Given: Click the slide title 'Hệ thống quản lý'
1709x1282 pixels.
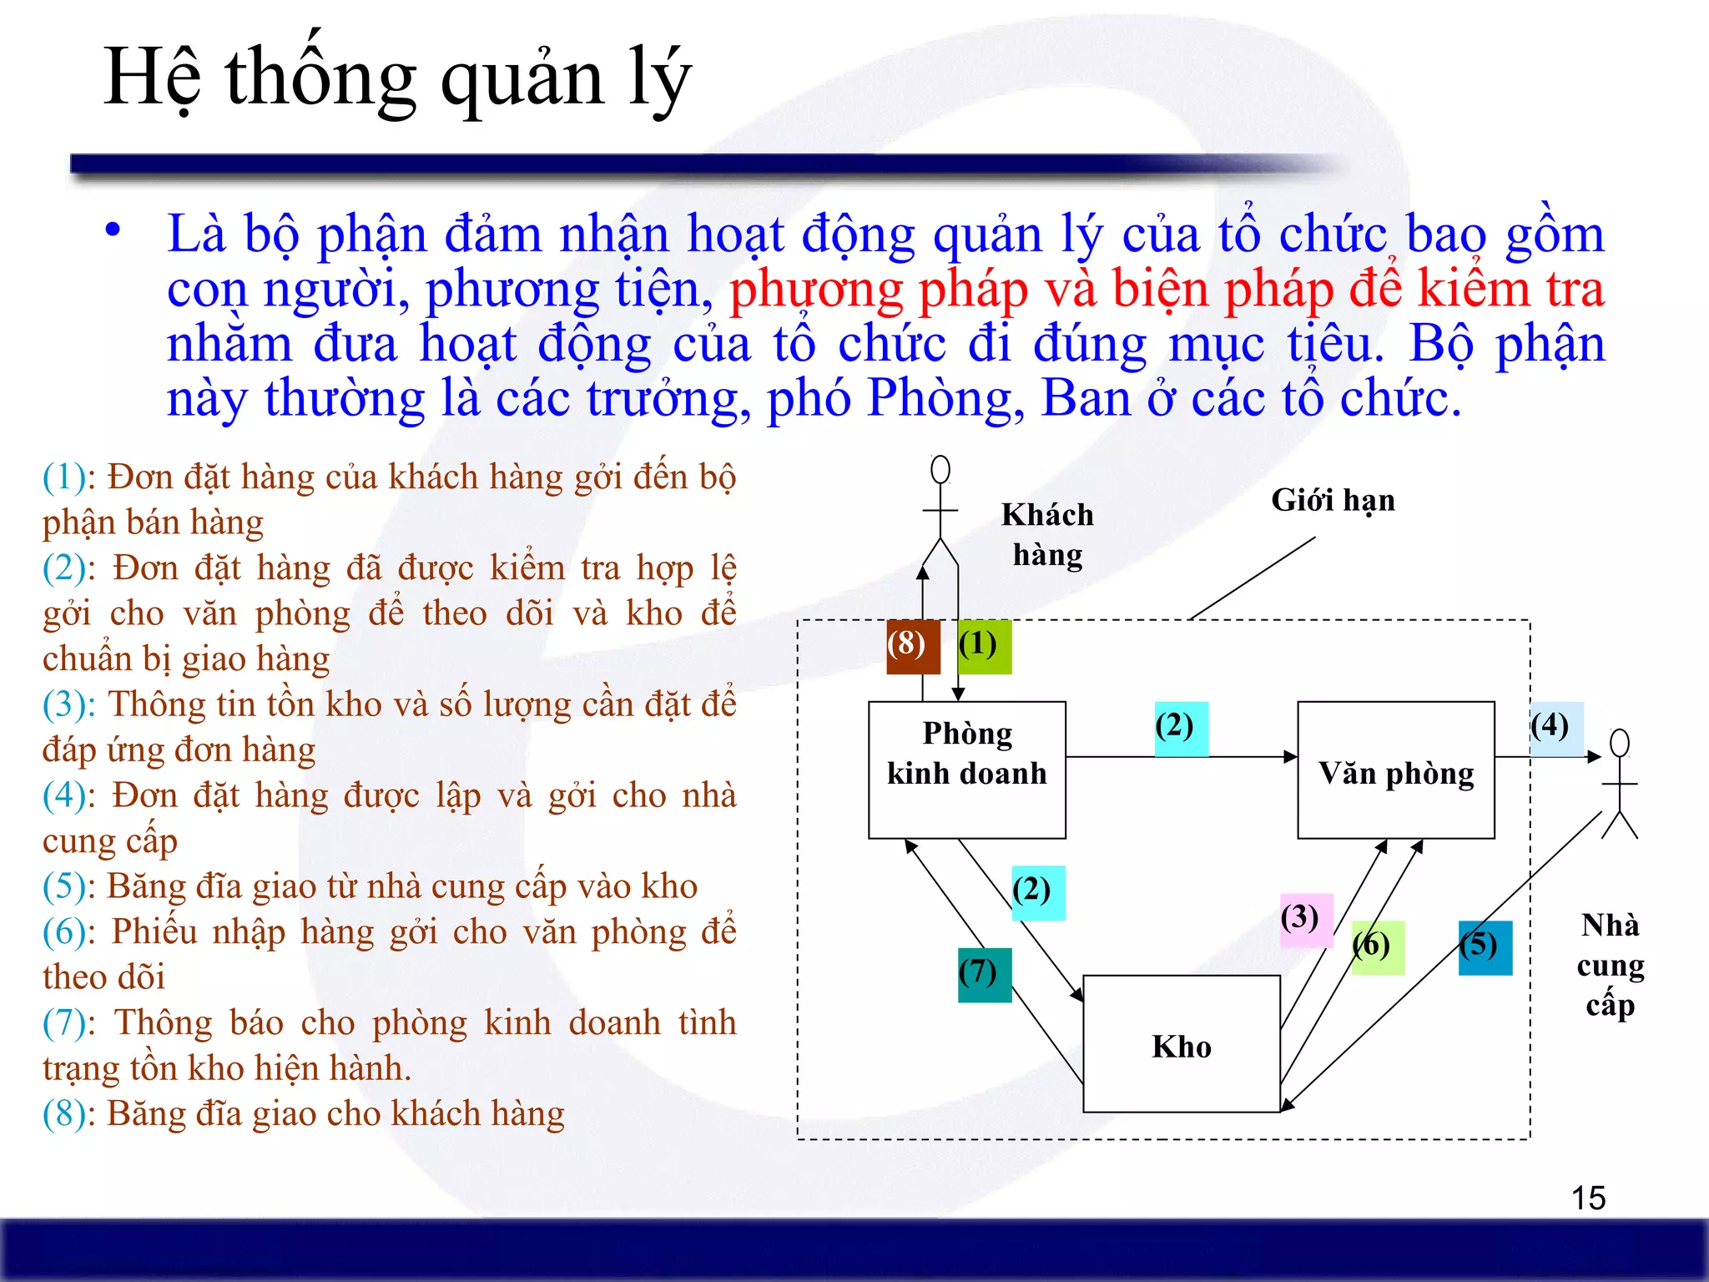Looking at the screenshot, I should pos(397,77).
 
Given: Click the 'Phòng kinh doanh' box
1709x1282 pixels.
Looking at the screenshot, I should pos(967,769).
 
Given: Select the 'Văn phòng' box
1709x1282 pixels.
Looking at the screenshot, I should pos(1395,769).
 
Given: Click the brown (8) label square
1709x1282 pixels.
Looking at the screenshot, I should pos(913,646).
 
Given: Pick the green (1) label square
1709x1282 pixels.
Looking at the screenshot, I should pos(985,646).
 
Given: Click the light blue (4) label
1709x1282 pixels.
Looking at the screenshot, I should pos(1556,728).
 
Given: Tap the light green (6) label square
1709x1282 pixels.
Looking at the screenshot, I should pos(1378,947).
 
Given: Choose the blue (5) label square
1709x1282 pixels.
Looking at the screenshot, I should pos(1485,947).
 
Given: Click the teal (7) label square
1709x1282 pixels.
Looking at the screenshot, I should pos(985,974).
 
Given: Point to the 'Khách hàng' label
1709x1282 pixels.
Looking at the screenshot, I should pos(1047,535).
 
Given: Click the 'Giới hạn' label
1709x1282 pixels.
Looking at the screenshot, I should pos(1333,501).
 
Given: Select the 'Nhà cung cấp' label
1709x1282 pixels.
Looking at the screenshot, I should pos(1610,964).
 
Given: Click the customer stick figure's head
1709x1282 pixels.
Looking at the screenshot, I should pos(940,469).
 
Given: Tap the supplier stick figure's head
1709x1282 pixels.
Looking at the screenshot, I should pos(1620,743).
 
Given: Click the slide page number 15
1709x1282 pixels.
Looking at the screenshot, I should pos(1588,1199).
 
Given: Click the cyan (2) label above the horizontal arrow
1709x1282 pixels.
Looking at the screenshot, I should pos(1181,728).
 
